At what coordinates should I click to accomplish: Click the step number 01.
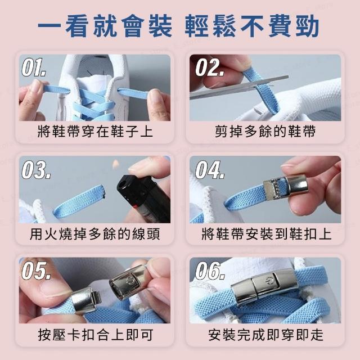pos(34,67)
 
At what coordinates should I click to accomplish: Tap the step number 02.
pos(210,67)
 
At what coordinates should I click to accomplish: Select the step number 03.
pos(36,170)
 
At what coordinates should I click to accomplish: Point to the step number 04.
pos(210,170)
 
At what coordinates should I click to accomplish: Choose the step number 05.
pos(36,271)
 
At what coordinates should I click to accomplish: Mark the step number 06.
pos(210,271)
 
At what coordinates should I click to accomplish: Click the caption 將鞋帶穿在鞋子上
pos(95,131)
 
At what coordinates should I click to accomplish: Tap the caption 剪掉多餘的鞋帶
pos(265,131)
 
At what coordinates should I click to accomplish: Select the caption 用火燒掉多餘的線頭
pos(95,234)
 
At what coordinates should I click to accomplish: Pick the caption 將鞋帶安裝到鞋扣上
pos(266,234)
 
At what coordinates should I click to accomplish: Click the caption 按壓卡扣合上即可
pos(96,335)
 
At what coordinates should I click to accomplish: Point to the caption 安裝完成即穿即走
pos(266,335)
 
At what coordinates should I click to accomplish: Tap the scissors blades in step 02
pos(238,87)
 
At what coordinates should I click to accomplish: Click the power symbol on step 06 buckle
pos(269,281)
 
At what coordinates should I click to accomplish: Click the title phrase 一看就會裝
pos(105,26)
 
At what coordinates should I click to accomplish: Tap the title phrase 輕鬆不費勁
pos(252,26)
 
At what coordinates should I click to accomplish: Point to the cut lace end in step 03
pos(102,192)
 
